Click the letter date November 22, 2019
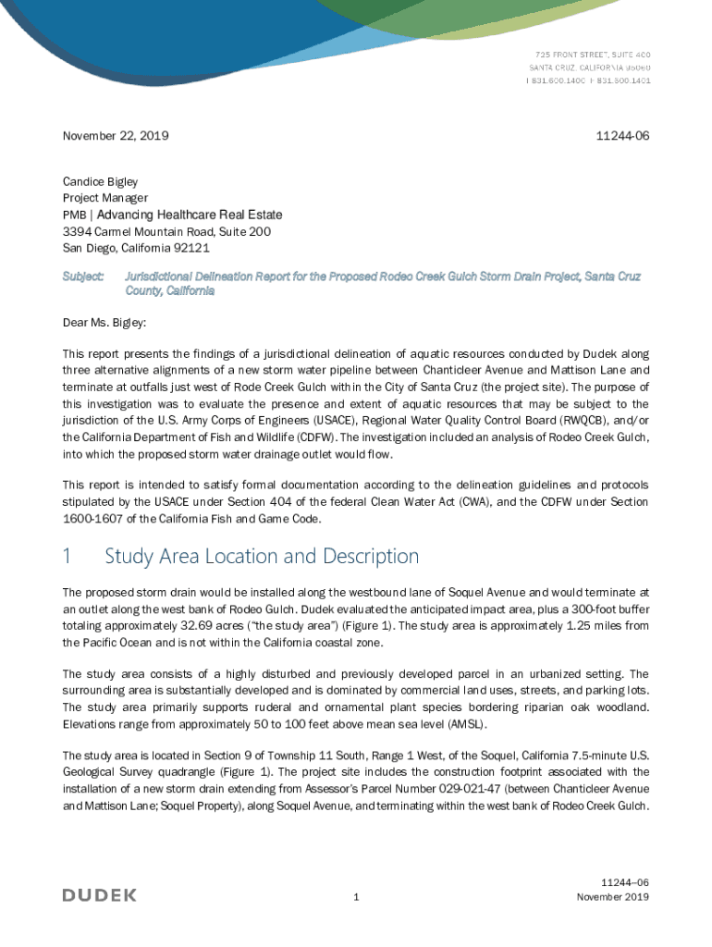pos(116,136)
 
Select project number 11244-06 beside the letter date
pos(624,136)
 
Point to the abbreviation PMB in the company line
pos(73,215)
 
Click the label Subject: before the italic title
pos(83,277)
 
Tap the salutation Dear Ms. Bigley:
pos(104,324)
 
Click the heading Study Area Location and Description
pos(262,557)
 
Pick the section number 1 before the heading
pos(67,557)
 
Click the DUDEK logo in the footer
pos(99,895)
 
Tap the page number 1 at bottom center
pos(356,897)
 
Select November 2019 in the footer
pos(612,897)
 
